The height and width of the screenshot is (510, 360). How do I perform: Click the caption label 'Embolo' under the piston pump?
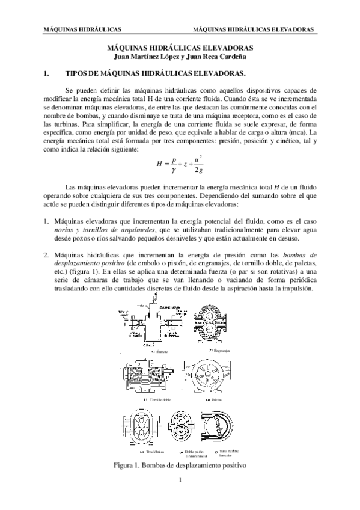click(x=162, y=351)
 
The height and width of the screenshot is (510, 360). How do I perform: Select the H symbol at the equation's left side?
click(x=159, y=163)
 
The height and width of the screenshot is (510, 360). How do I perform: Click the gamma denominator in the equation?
click(x=174, y=170)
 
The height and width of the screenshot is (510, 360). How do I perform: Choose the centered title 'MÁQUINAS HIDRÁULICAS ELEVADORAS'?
click(x=180, y=49)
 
